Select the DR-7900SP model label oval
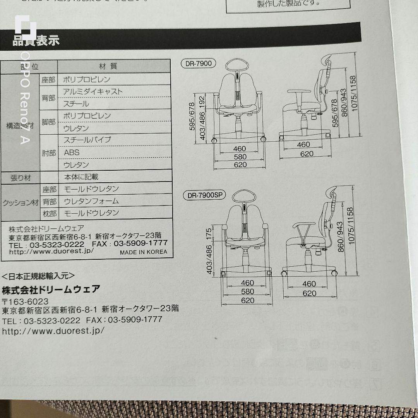(204, 195)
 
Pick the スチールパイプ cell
(87, 140)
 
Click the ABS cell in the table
(72, 152)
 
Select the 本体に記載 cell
(81, 177)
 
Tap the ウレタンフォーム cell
(91, 201)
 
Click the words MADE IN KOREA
(143, 252)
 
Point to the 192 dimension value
(202, 101)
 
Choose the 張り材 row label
(21, 178)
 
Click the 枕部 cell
(49, 213)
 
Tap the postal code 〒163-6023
(25, 302)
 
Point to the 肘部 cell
(49, 152)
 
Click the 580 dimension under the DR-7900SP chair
(247, 291)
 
